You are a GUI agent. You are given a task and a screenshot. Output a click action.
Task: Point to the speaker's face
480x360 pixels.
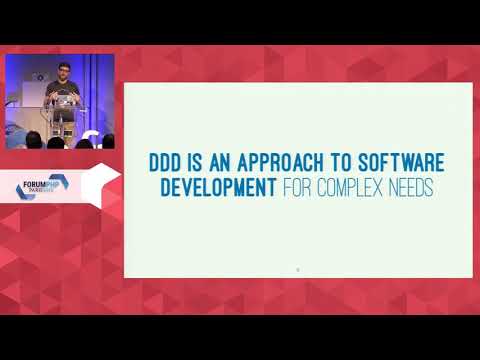pyautogui.click(x=63, y=71)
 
